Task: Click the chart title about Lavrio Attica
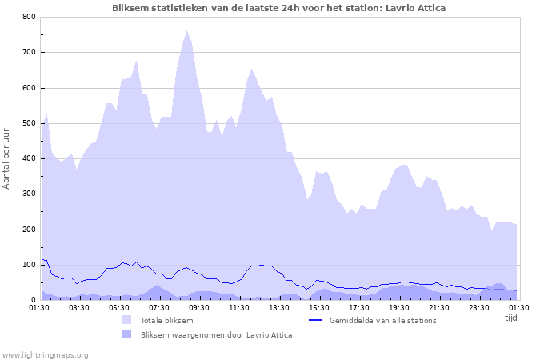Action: point(279,8)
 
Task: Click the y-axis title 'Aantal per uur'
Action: point(7,158)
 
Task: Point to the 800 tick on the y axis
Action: point(28,17)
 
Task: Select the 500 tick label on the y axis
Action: point(28,123)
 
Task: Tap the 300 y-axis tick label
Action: point(28,194)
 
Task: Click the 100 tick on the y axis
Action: point(28,265)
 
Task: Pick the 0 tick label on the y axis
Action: point(33,300)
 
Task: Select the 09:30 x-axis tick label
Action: point(199,307)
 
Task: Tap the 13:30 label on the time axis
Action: point(279,307)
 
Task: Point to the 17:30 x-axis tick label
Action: point(359,307)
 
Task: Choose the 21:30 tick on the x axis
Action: point(439,307)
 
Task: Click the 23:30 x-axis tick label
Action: point(479,307)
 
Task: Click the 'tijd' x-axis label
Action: point(510,318)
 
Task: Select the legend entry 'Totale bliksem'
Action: point(166,321)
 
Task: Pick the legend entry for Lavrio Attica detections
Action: point(216,335)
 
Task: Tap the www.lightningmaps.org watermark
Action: point(46,354)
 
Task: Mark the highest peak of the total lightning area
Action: point(187,30)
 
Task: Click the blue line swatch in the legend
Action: point(315,321)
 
